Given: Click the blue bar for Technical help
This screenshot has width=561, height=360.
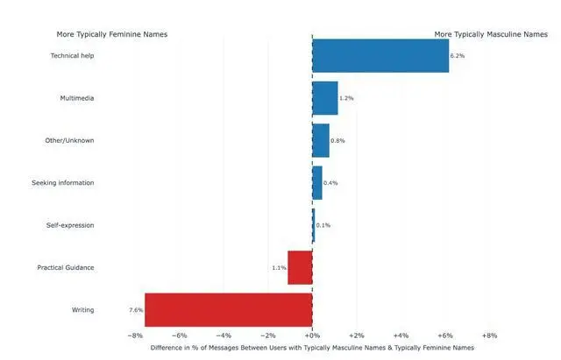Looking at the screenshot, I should pyautogui.click(x=380, y=55).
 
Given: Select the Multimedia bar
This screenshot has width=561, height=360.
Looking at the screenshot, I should pyautogui.click(x=325, y=98).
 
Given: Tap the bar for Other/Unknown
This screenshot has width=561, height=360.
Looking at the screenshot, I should pyautogui.click(x=321, y=140).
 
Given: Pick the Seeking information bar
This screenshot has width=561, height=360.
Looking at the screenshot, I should pyautogui.click(x=317, y=182).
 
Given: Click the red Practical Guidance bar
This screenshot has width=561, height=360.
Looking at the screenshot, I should pyautogui.click(x=300, y=267).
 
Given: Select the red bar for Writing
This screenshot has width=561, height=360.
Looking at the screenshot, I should pyautogui.click(x=229, y=309).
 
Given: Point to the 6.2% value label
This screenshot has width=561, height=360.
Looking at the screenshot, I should pyautogui.click(x=457, y=55).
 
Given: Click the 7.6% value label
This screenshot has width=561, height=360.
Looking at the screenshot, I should pyautogui.click(x=136, y=310).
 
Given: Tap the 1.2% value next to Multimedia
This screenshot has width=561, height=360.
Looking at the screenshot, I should pyautogui.click(x=346, y=98).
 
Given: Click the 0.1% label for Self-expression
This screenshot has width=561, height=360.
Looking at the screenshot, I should pyautogui.click(x=323, y=225).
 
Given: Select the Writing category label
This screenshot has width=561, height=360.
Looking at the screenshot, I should pyautogui.click(x=82, y=310).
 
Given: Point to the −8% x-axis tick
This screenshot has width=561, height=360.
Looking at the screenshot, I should pyautogui.click(x=134, y=335).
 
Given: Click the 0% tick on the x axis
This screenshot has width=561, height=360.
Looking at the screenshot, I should pyautogui.click(x=312, y=335).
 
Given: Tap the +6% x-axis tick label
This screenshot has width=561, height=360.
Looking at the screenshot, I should pyautogui.click(x=445, y=335).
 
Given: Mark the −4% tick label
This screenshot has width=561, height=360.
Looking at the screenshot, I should pyautogui.click(x=223, y=335).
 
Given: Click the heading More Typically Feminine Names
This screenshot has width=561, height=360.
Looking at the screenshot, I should pyautogui.click(x=112, y=35).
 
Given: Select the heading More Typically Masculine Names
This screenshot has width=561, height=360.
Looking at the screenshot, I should pyautogui.click(x=490, y=35).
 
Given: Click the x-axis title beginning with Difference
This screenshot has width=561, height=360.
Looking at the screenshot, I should pyautogui.click(x=312, y=347).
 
